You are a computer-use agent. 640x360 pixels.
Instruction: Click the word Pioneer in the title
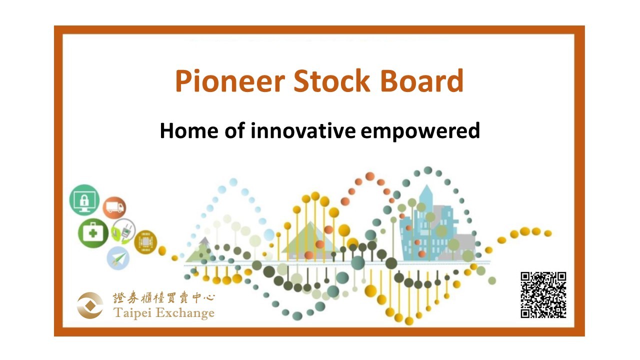[x=230, y=81]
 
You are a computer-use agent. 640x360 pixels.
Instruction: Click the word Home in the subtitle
[x=189, y=131]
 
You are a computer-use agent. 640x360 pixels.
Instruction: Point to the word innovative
[x=303, y=130]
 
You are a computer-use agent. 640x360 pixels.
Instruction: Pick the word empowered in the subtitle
[x=420, y=131]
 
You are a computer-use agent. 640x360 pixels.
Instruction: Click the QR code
[x=543, y=295]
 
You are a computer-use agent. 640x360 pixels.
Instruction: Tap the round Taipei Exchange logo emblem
[x=90, y=305]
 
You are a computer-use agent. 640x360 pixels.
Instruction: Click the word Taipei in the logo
[x=132, y=313]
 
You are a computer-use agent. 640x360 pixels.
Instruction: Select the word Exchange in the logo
[x=185, y=313]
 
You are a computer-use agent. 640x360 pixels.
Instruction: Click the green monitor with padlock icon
[x=84, y=200]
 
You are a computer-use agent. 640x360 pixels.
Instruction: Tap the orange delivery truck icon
[x=114, y=207]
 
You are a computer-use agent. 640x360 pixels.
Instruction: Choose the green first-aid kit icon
[x=93, y=233]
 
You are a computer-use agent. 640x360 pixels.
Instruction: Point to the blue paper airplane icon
[x=118, y=258]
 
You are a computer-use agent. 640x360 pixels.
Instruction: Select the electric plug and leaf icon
[x=123, y=231]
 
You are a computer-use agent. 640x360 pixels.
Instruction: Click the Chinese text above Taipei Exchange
[x=163, y=298]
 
